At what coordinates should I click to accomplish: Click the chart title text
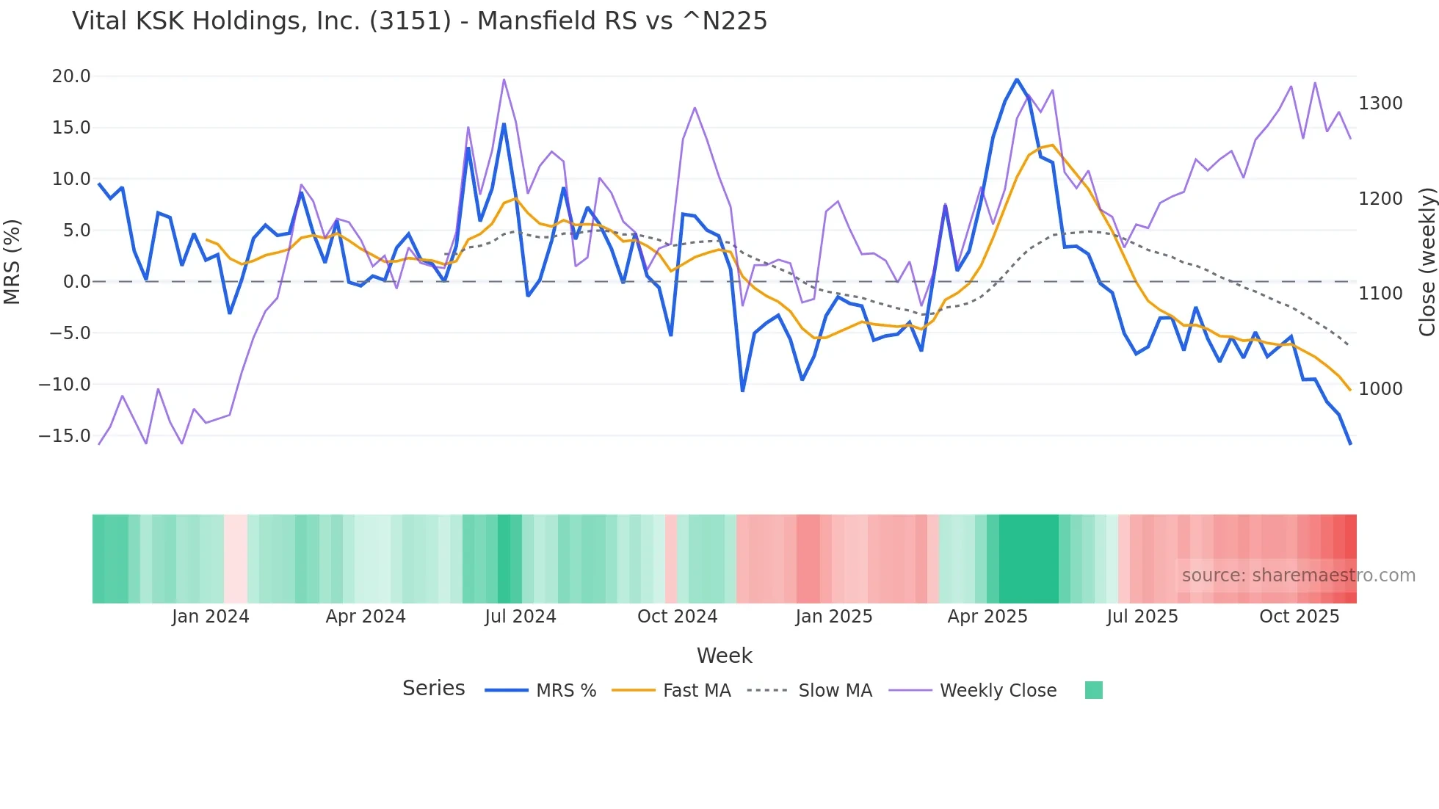pos(419,21)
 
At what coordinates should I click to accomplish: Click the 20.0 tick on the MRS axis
pos(71,76)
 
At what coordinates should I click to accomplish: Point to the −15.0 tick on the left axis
pos(65,435)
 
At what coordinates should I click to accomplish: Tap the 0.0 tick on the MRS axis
pos(76,282)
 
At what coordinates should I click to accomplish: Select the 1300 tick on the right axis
pos(1380,104)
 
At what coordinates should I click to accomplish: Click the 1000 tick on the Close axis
pos(1380,389)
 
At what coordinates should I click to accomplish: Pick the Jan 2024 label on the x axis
pos(210,617)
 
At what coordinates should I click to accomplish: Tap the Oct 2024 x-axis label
pos(677,617)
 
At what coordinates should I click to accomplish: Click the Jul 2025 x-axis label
pos(1142,617)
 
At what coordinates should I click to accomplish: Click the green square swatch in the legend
pos(1093,690)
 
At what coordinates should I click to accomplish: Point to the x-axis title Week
pos(724,656)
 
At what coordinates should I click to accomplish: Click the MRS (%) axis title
pos(12,261)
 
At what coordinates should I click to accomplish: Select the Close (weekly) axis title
pos(1427,261)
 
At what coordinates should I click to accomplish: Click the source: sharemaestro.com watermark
pos(1298,576)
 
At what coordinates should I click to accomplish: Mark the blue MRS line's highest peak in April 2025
pos(1017,79)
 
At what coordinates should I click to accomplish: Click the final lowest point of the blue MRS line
pos(1350,443)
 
